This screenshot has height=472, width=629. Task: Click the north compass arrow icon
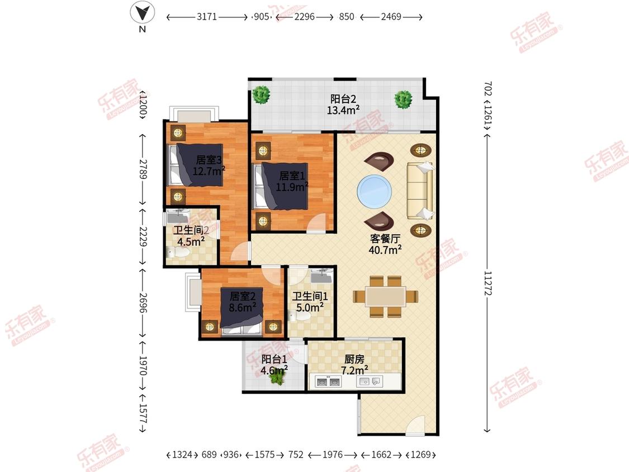click(x=143, y=12)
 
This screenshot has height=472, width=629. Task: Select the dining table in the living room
click(x=385, y=296)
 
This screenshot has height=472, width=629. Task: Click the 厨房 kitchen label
click(x=354, y=359)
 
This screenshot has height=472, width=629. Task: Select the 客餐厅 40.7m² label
click(x=385, y=244)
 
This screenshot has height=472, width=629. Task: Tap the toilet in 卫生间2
click(x=178, y=252)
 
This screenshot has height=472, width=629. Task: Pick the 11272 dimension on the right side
click(x=488, y=283)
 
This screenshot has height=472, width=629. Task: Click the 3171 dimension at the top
click(x=206, y=17)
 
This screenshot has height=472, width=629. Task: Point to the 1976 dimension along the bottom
click(x=333, y=455)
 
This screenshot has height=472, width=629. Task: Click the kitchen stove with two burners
click(x=329, y=381)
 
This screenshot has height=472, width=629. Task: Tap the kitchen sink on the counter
click(x=369, y=381)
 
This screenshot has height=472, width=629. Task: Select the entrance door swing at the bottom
click(x=415, y=426)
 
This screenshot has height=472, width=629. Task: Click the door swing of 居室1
click(x=317, y=224)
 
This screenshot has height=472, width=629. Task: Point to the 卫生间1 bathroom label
click(x=310, y=302)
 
